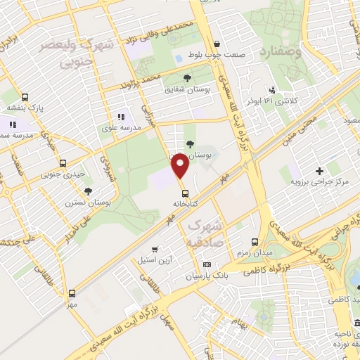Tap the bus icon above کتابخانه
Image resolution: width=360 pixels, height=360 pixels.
(x=185, y=192)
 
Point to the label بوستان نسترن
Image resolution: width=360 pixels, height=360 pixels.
(x=89, y=202)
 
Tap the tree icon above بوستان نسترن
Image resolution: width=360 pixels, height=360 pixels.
(x=89, y=191)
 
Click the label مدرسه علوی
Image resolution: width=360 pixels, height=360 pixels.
(x=124, y=127)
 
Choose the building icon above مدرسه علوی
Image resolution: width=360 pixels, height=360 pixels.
(x=120, y=116)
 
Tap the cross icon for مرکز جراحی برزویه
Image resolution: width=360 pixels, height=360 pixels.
(x=320, y=170)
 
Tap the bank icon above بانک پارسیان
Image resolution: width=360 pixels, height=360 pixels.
(x=206, y=264)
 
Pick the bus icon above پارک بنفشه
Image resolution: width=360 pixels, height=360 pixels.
(x=25, y=98)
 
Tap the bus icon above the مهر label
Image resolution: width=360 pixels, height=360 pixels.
(x=71, y=293)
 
